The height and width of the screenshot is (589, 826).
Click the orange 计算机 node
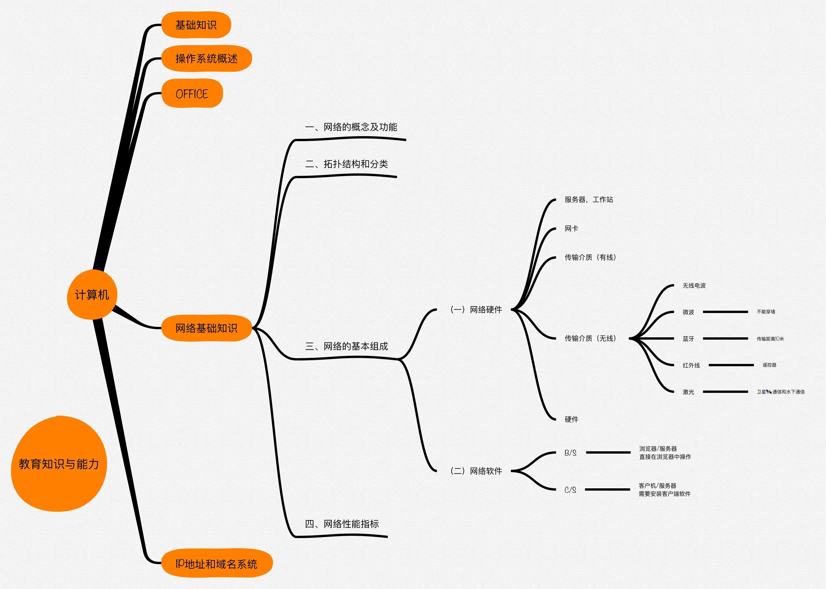click(x=92, y=294)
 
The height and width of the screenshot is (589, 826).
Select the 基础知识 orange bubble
click(x=196, y=25)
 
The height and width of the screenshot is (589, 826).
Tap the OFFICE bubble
click(x=192, y=93)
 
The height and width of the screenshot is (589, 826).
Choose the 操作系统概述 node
click(x=206, y=58)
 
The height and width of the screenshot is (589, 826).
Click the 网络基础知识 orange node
click(x=206, y=328)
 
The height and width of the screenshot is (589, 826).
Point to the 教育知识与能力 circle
click(x=59, y=464)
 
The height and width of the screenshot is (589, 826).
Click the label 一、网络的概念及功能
click(x=351, y=127)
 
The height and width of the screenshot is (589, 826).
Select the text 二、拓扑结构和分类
click(x=346, y=164)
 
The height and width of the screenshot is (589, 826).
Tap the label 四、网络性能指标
click(x=342, y=524)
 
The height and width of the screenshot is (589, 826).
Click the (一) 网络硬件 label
click(x=476, y=309)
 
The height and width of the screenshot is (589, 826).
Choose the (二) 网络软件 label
click(x=476, y=471)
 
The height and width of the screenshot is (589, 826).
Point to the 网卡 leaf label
click(x=571, y=229)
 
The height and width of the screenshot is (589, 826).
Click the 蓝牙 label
click(x=688, y=339)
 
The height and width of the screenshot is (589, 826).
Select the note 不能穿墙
click(x=766, y=312)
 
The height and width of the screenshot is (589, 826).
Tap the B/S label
click(x=570, y=453)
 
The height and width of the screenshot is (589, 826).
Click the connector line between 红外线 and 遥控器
click(x=731, y=365)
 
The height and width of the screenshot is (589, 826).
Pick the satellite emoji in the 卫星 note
click(x=769, y=392)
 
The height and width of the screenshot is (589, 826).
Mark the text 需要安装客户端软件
click(x=664, y=494)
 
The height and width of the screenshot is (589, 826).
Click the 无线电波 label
click(x=694, y=286)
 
